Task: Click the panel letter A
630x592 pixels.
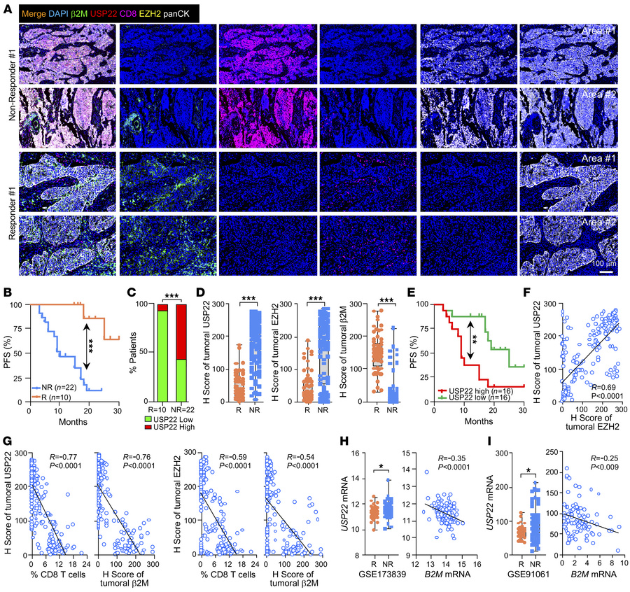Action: pyautogui.click(x=6, y=6)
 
